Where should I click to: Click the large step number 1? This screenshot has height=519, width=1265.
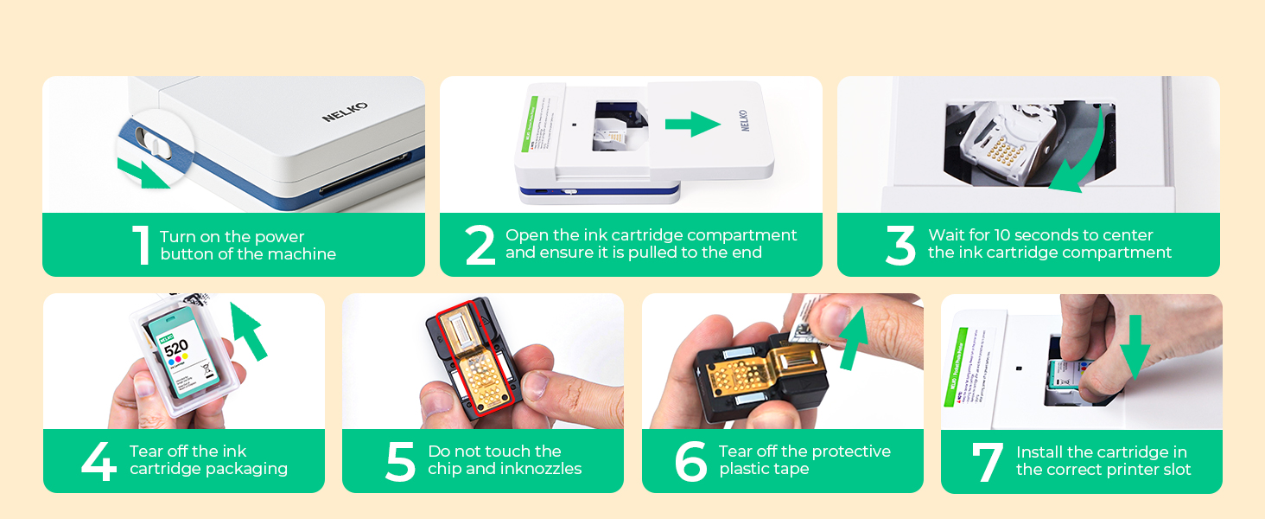pyautogui.click(x=141, y=245)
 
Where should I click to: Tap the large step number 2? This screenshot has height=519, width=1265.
pyautogui.click(x=480, y=245)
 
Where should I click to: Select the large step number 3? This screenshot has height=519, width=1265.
pyautogui.click(x=899, y=245)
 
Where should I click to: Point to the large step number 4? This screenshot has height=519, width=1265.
pyautogui.click(x=99, y=461)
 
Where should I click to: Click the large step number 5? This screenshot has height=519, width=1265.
pyautogui.click(x=400, y=461)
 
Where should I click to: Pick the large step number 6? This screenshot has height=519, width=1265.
pyautogui.click(x=690, y=461)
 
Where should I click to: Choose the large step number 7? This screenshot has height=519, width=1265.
pyautogui.click(x=987, y=462)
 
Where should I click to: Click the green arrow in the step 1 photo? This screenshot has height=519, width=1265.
pyautogui.click(x=143, y=172)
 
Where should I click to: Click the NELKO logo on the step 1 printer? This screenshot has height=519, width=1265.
pyautogui.click(x=345, y=112)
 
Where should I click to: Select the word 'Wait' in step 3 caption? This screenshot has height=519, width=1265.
pyautogui.click(x=948, y=235)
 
